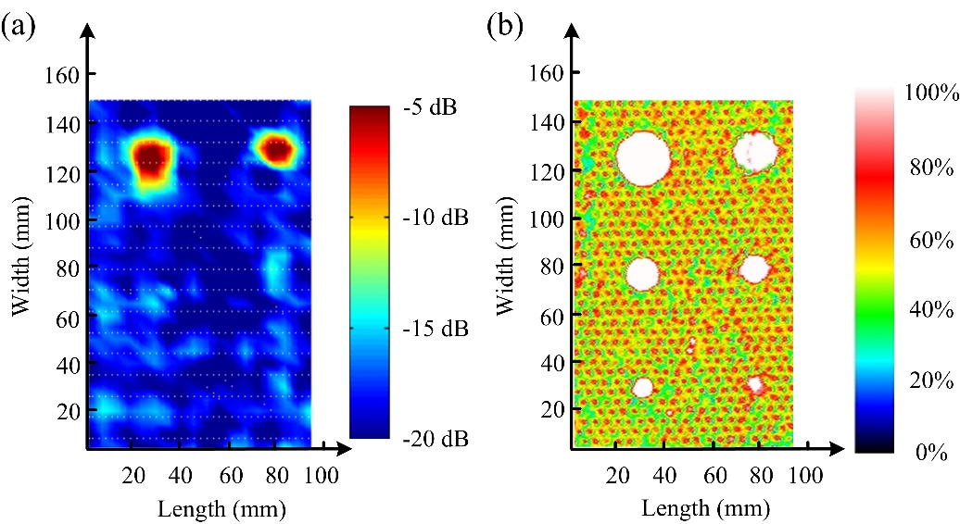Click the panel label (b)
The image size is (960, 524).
[504, 25]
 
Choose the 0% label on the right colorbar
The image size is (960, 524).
[929, 454]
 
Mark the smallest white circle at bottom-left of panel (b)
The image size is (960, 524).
[642, 387]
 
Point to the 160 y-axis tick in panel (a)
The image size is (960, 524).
[59, 74]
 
